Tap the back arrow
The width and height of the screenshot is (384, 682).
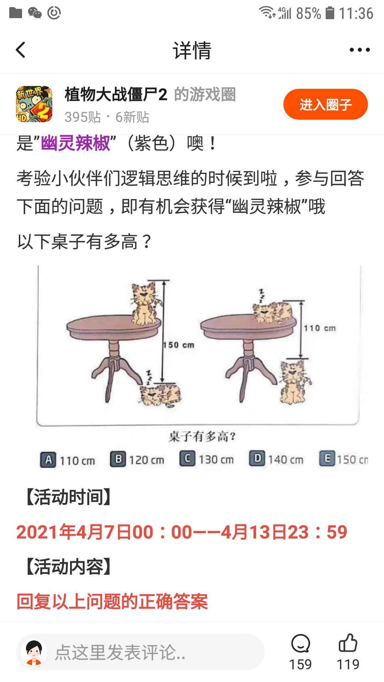21,50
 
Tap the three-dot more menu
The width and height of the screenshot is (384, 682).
359,50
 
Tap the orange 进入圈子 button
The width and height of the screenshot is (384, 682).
325,104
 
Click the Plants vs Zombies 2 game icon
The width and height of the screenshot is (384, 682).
34,104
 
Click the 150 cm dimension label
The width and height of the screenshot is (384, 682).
179,345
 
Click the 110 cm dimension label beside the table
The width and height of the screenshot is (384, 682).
320,328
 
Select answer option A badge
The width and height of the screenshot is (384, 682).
48,460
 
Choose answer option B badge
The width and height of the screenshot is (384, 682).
118,459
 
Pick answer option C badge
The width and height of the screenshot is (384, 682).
187,459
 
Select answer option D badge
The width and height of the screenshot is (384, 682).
257,459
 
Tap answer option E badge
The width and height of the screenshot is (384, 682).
327,459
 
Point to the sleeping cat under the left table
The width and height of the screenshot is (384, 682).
160,394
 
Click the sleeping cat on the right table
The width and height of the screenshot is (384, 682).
273,312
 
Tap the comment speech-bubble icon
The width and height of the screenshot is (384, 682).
300,643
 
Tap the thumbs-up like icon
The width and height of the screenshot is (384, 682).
348,643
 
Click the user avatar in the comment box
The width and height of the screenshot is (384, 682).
34,652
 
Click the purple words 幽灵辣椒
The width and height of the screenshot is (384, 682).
75,144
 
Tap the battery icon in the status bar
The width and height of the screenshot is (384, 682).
330,13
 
